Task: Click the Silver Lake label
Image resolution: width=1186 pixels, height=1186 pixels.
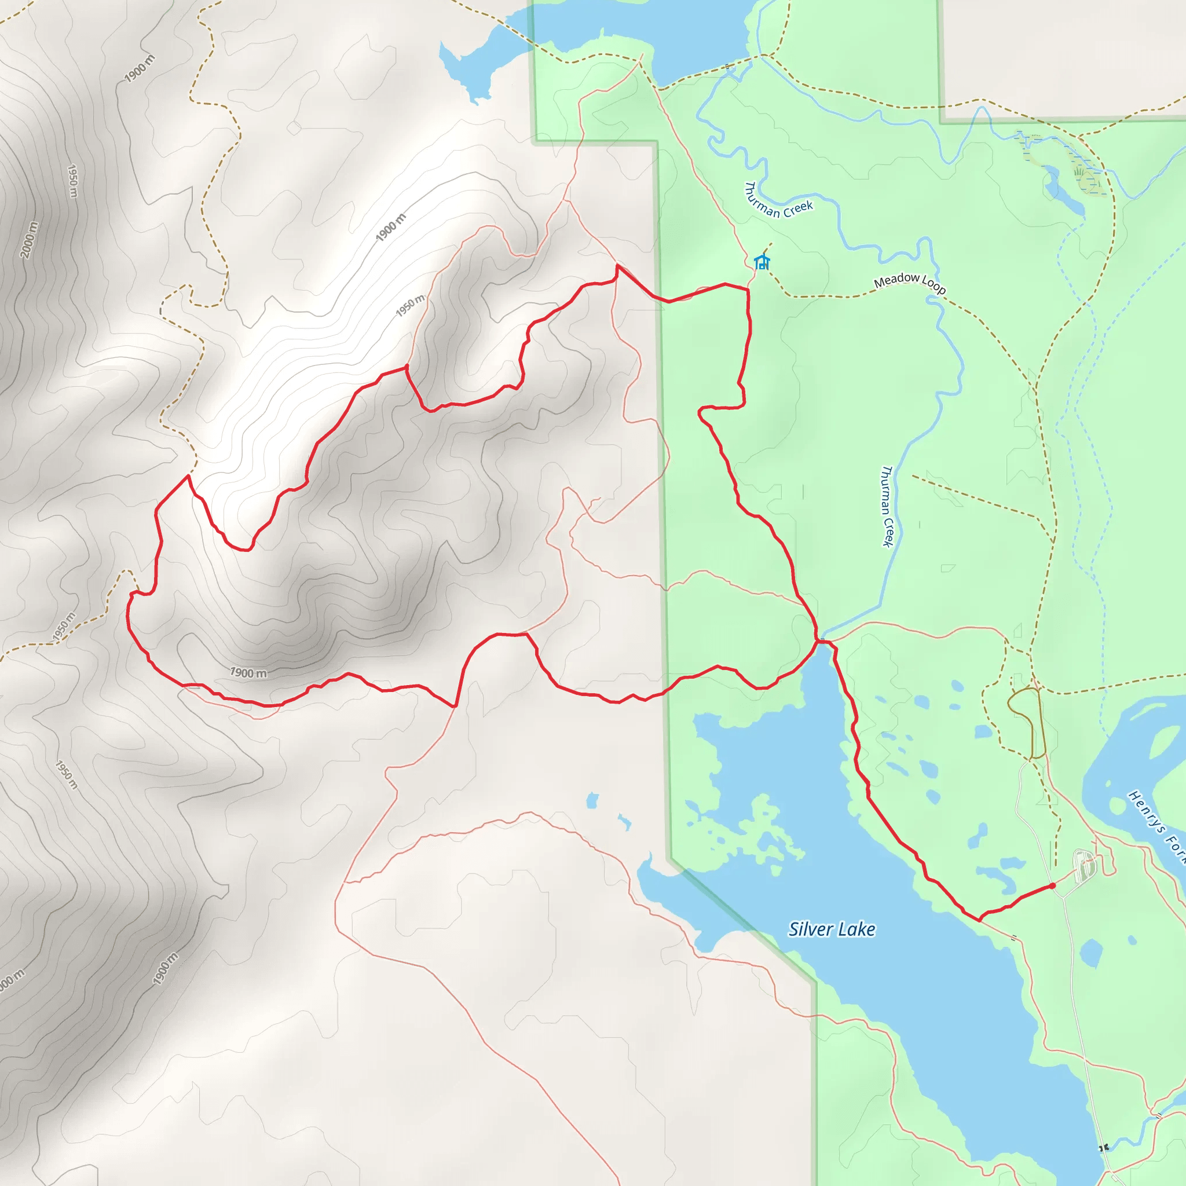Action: point(832,929)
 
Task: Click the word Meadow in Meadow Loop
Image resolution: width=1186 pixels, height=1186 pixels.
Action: point(896,280)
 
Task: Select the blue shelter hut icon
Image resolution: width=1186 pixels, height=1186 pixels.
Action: point(762,262)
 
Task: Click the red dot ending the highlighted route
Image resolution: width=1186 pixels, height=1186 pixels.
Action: point(1052,886)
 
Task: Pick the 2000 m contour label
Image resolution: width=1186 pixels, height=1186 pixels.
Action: point(29,239)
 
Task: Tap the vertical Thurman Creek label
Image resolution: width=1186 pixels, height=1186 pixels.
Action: point(887,507)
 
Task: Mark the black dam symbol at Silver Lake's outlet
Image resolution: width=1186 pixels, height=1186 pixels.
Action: point(1104,1147)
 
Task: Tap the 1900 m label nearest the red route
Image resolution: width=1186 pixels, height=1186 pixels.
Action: point(248,673)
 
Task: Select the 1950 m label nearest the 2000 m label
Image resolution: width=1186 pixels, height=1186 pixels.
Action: point(72,181)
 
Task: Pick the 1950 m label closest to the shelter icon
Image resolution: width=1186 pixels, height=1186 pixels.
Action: point(409,305)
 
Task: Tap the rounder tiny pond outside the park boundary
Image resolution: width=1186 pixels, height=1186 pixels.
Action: point(592,800)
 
